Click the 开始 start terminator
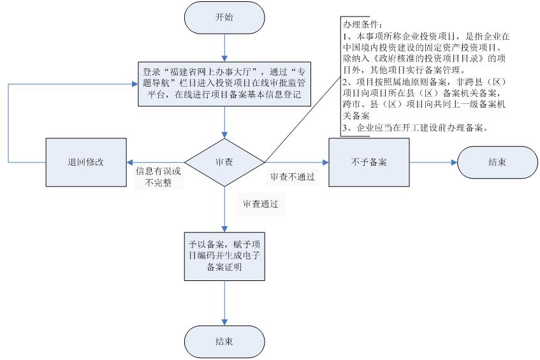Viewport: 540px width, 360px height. click(x=224, y=18)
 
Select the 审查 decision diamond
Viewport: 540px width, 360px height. click(x=224, y=162)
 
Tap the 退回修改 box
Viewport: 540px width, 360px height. click(x=86, y=162)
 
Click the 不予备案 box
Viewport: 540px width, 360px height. click(x=369, y=162)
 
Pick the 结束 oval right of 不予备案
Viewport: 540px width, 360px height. click(x=497, y=162)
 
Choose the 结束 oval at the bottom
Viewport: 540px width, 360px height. click(x=224, y=342)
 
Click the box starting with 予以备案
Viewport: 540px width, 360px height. click(x=224, y=256)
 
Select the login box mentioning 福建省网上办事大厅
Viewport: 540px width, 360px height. click(x=224, y=84)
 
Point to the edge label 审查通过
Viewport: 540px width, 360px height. click(x=261, y=204)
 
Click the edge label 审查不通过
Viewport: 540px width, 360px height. click(x=293, y=177)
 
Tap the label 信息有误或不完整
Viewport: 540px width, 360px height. click(x=158, y=176)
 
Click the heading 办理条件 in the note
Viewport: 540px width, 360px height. click(x=363, y=24)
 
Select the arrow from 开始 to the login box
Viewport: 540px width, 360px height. click(x=224, y=48)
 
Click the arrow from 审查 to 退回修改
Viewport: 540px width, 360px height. click(x=156, y=162)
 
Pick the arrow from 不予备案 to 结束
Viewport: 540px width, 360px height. click(x=434, y=162)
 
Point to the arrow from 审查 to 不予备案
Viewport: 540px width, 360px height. click(x=296, y=162)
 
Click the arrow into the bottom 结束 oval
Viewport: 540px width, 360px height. click(x=224, y=303)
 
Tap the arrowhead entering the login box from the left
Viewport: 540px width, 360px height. click(x=135, y=84)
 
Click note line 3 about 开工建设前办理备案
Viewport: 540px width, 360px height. click(x=416, y=128)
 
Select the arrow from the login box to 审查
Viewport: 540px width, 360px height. click(x=224, y=122)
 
